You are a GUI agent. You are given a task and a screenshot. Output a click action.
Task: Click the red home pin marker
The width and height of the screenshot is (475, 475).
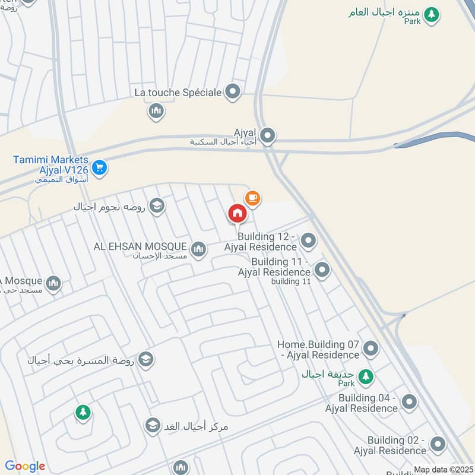point(237,213)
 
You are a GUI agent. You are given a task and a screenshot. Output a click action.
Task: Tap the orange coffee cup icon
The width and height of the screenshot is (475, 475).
point(252,198)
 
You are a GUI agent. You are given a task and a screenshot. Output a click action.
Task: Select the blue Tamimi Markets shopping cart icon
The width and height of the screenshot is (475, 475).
point(99,168)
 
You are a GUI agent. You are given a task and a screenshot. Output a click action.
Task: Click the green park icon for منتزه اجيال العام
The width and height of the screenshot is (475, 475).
point(432,14)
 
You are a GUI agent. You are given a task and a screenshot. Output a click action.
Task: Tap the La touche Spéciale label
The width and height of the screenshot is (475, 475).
point(178,92)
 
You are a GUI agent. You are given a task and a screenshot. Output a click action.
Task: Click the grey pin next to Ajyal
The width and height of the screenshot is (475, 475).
point(268,136)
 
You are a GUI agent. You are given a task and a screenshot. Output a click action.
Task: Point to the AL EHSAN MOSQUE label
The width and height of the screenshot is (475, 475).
point(140,246)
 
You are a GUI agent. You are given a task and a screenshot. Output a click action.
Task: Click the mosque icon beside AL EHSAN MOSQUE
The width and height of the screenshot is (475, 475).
point(199,249)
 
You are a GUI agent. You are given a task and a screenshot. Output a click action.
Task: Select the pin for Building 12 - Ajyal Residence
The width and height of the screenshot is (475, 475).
point(308,240)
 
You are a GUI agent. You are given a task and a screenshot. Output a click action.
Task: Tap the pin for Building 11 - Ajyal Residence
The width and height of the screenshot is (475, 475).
point(322,270)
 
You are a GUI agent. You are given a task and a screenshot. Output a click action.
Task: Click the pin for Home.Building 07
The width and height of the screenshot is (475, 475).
point(370,349)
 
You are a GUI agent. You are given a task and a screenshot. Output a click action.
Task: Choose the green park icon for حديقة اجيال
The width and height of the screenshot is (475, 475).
point(366,376)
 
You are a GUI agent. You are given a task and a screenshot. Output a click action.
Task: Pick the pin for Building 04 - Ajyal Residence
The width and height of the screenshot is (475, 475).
point(409,402)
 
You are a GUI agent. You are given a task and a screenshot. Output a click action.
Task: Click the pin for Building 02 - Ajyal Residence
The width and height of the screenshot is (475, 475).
point(438,444)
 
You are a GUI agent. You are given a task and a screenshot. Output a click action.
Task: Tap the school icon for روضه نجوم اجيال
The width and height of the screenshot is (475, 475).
point(157,206)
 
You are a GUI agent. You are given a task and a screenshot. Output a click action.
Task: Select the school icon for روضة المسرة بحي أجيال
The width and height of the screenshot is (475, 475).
point(145,359)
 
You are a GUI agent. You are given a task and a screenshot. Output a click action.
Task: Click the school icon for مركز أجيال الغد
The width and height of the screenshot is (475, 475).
point(153,425)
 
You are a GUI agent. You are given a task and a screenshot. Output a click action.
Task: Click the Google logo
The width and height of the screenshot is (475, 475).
point(25,466)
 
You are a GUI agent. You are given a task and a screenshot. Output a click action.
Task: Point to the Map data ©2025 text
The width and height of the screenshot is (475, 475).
point(442,470)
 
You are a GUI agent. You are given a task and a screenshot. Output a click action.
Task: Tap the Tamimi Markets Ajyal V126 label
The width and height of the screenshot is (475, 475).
point(52,164)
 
